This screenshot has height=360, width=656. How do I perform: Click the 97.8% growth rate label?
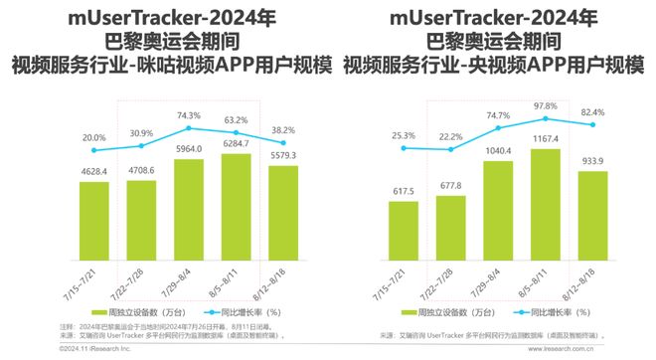546,106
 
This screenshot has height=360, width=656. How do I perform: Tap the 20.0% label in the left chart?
94,137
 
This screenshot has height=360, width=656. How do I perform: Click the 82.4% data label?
593,111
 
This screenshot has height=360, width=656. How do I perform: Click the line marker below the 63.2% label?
236,132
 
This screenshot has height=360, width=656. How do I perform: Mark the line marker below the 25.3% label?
404,149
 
